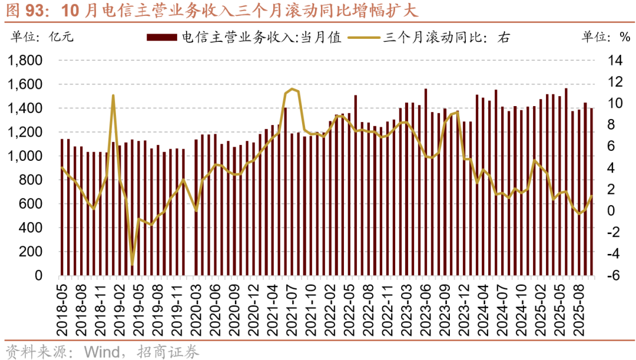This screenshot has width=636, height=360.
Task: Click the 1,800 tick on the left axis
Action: (25, 61)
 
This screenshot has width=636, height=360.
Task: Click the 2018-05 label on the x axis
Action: (62, 304)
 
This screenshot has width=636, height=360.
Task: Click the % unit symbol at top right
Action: (625, 38)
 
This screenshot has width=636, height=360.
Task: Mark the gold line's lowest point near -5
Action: (132, 266)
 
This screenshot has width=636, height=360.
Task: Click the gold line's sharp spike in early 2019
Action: (113, 95)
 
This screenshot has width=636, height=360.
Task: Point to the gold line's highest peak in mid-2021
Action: (291, 89)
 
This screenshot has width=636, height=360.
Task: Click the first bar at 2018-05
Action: (62, 207)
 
